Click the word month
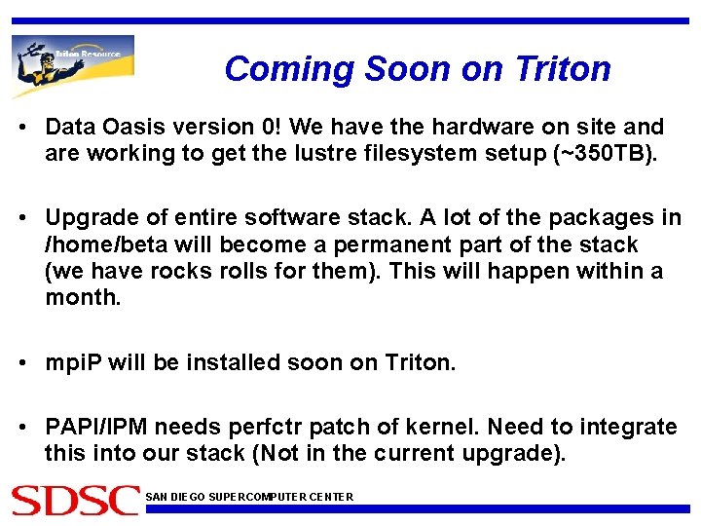[82, 298]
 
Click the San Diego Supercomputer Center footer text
[249, 497]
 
